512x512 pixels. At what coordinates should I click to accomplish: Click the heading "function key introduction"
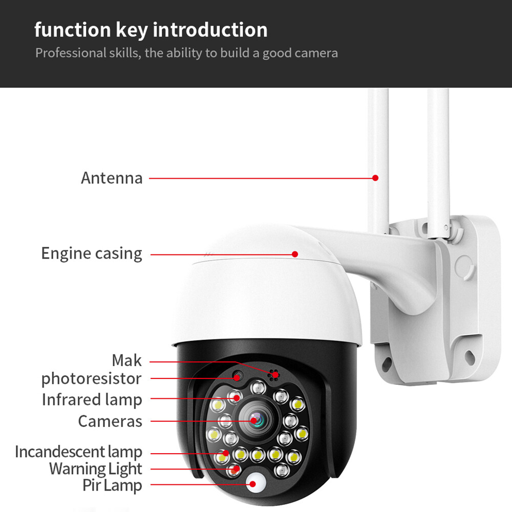tap(151, 30)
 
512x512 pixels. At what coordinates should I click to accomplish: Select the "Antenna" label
tap(112, 178)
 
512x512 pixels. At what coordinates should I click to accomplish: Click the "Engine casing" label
tap(92, 253)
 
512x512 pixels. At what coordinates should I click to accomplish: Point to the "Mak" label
tap(126, 360)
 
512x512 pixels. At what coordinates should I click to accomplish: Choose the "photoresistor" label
tap(91, 379)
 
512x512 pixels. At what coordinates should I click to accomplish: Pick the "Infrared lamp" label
tap(92, 399)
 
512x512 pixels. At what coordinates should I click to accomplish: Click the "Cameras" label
tap(110, 421)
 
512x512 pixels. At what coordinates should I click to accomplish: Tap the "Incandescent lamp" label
tap(78, 452)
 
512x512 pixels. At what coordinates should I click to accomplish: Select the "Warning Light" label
tap(95, 468)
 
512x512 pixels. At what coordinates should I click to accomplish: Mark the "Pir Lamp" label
tap(112, 485)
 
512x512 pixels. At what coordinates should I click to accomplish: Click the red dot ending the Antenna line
tap(375, 178)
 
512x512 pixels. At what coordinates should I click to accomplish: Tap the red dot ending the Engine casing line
tap(295, 254)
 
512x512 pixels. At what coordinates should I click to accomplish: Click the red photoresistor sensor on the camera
tap(237, 377)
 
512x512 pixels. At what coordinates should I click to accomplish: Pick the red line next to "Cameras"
tap(200, 421)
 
